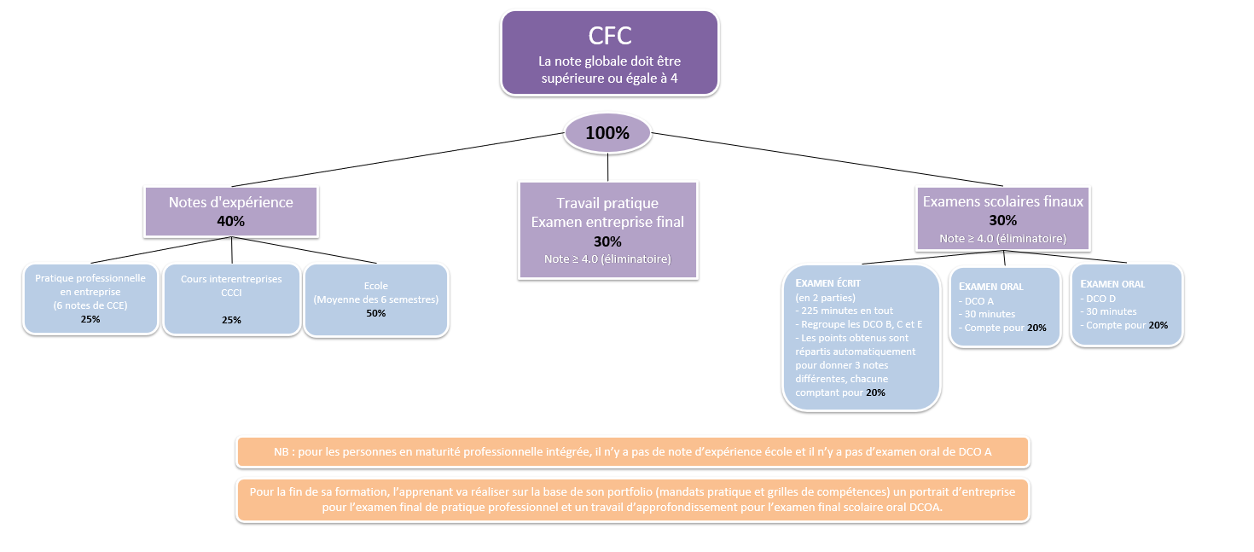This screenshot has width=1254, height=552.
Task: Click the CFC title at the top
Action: tap(610, 36)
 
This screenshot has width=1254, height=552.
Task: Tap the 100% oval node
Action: tap(607, 133)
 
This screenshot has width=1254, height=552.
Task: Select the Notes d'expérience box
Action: tap(231, 212)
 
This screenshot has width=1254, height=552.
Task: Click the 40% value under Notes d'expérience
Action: tap(230, 221)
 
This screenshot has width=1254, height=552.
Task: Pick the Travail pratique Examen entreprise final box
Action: tap(608, 230)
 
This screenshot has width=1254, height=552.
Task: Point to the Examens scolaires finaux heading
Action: tap(1002, 201)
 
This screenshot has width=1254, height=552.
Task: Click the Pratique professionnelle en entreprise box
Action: tap(90, 299)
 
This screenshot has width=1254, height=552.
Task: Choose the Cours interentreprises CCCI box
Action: tap(232, 299)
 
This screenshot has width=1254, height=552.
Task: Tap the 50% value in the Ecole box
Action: tap(375, 313)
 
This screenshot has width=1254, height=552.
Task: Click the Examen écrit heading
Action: tap(828, 283)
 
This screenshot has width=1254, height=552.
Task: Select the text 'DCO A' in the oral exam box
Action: tap(979, 300)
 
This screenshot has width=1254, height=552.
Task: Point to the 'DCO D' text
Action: tap(1100, 299)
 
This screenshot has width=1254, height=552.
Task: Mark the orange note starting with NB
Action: tap(633, 452)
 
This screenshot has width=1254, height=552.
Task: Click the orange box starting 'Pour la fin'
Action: tap(633, 500)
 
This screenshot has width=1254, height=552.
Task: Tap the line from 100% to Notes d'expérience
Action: tap(398, 160)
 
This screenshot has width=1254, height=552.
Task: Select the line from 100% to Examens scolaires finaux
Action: tap(827, 159)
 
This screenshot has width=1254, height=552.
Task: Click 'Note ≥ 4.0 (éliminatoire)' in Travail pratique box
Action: tap(607, 259)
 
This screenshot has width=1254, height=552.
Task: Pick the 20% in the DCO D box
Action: tap(1158, 325)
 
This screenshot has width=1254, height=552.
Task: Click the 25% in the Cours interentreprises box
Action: tap(231, 320)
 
